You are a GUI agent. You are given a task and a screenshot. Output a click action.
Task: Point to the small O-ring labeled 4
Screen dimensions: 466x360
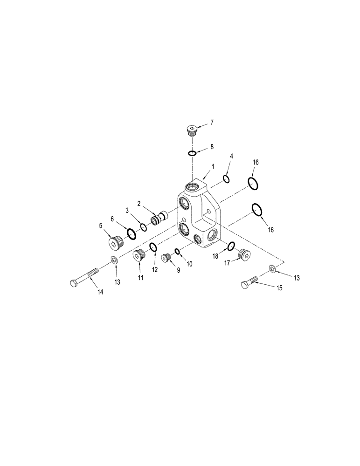pos(226,179)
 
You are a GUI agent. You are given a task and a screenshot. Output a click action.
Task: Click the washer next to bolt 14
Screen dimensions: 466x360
pos(114,260)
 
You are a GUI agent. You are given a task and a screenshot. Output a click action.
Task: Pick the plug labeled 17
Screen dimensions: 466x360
pos(243,254)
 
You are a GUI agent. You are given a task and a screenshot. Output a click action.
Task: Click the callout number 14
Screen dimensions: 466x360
pos(100,292)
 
